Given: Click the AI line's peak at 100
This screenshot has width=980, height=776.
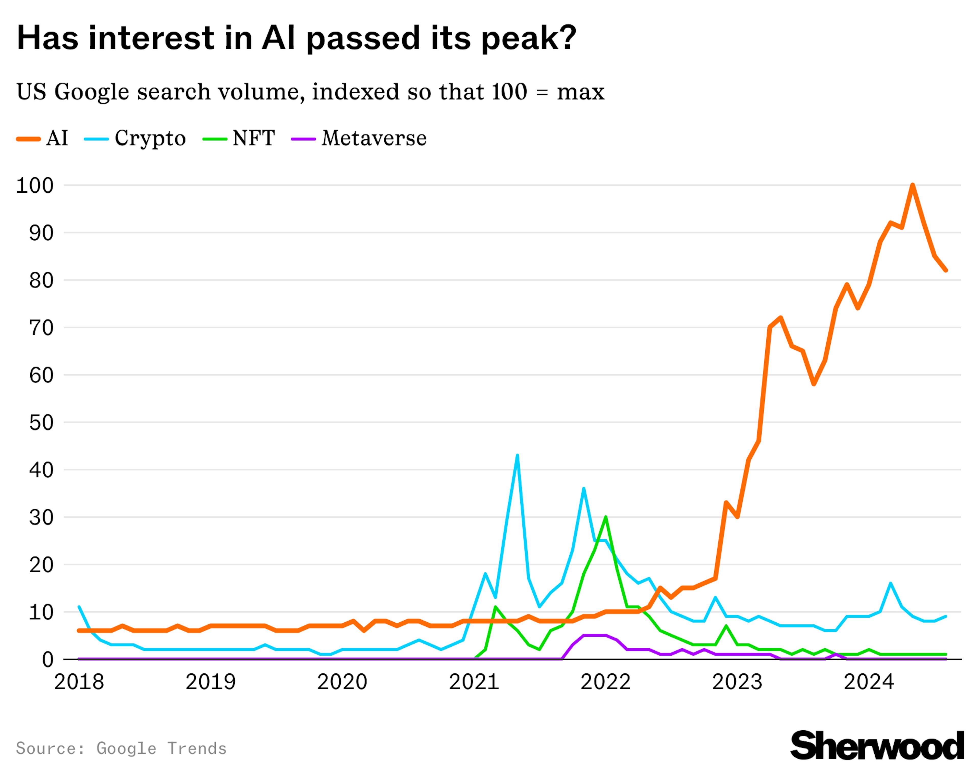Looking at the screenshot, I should tap(912, 185).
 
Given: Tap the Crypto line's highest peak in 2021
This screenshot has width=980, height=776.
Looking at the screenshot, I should tap(517, 455).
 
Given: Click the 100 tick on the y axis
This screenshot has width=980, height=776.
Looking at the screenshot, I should tap(35, 185).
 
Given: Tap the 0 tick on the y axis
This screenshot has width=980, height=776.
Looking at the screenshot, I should tap(48, 659).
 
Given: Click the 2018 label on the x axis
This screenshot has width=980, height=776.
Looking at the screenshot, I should tap(79, 682).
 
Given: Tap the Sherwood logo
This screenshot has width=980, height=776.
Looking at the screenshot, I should tap(877, 745).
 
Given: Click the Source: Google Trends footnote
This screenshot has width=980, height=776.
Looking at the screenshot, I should tap(121, 748).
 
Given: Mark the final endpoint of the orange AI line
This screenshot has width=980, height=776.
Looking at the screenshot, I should tap(946, 270).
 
